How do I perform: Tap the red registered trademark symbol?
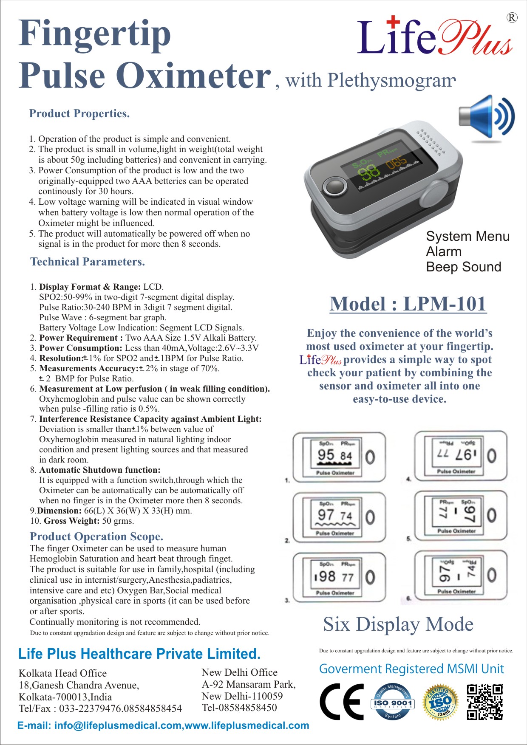coord(512,18)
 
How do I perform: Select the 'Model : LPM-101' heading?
coord(408,304)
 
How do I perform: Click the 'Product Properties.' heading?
coord(79,113)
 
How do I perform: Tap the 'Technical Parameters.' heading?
coord(88,262)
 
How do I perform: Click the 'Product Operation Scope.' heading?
coord(96,536)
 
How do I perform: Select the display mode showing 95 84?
coord(339,457)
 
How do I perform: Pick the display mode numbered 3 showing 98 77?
coord(339,577)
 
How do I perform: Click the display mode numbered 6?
coord(460,576)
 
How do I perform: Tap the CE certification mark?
coord(341,702)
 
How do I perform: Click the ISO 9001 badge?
coord(392,702)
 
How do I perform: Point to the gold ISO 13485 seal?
coord(440,702)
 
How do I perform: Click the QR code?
coord(484,702)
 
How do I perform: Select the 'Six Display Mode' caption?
coord(398,624)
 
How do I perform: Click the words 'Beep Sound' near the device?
coord(463,267)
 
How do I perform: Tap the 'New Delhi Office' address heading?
coord(239,672)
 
